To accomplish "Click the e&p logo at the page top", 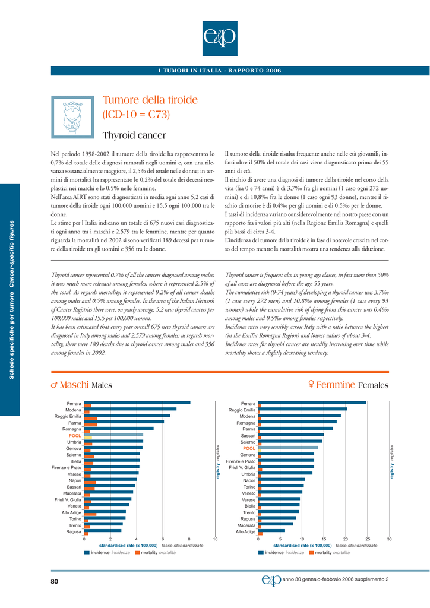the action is tap(220, 39).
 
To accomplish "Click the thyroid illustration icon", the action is tap(73, 117).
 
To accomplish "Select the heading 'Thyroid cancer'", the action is tap(134, 135).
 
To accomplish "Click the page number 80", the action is tap(54, 581).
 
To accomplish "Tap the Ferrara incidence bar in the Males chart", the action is tap(137, 403).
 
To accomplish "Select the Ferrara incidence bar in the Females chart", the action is tap(312, 403).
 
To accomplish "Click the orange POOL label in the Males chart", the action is tap(75, 435).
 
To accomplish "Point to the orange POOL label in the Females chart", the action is tap(249, 448).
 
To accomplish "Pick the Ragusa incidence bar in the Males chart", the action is tap(103, 530).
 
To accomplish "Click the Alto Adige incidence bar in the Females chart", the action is tap(271, 530).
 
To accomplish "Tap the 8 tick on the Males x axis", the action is tap(189, 539).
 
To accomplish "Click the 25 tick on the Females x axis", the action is tap(368, 539).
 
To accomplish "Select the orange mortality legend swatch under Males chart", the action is tap(137, 553).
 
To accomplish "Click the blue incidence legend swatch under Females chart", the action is tap(261, 553).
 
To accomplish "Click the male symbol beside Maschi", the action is tap(54, 385).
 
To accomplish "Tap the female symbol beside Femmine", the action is tap(311, 384).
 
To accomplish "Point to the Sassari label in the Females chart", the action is tap(248, 435).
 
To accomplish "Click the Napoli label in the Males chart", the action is tap(75, 480).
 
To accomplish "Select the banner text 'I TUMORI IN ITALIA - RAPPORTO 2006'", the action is tap(220, 71).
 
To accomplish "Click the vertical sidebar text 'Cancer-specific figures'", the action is tap(12, 254).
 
